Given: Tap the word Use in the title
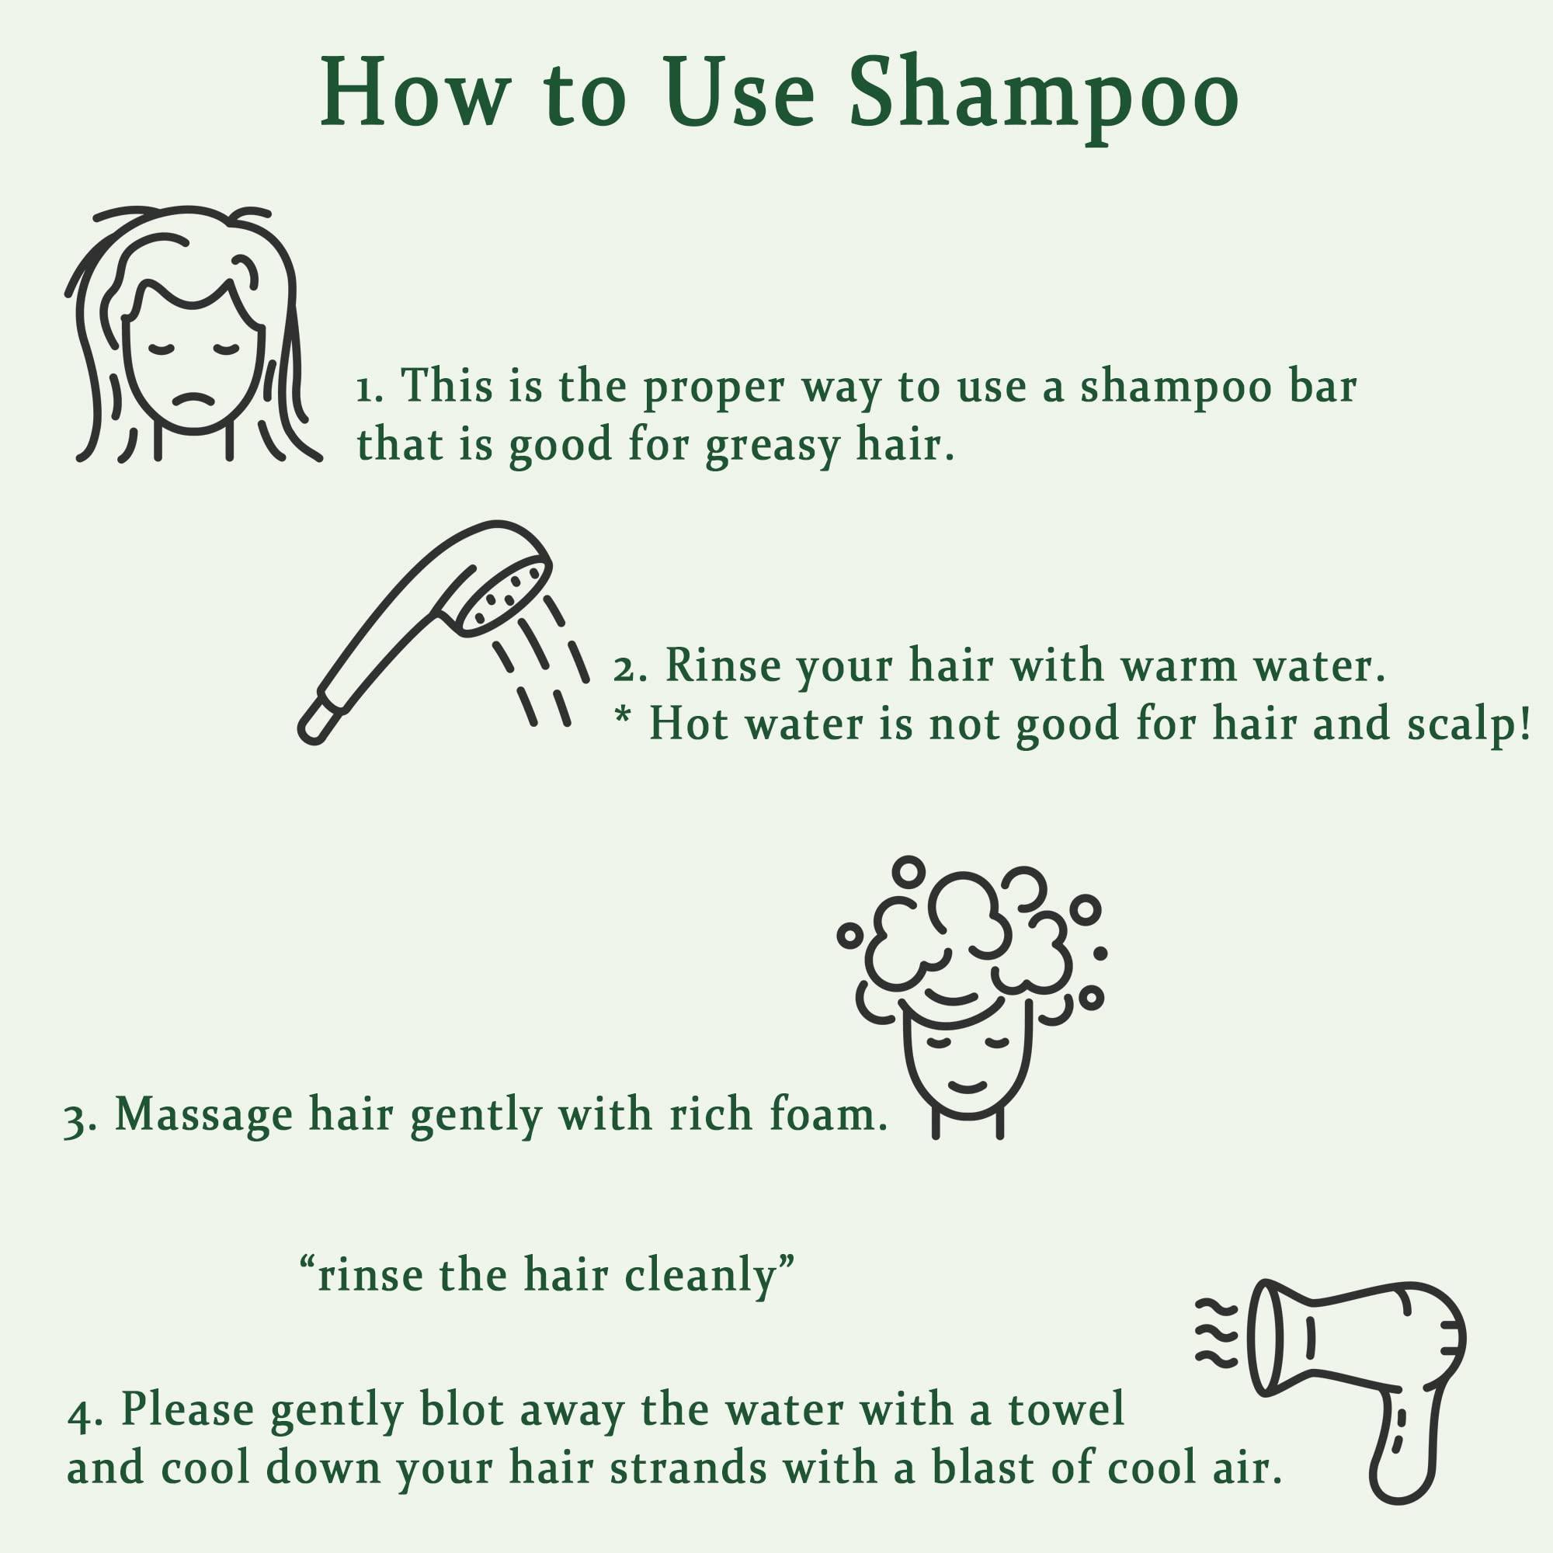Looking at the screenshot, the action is (740, 92).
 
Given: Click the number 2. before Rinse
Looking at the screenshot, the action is (630, 668).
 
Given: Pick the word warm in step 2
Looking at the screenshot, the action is (1179, 666).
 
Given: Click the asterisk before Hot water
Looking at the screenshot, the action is (622, 714).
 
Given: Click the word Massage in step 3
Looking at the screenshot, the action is (204, 1117).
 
